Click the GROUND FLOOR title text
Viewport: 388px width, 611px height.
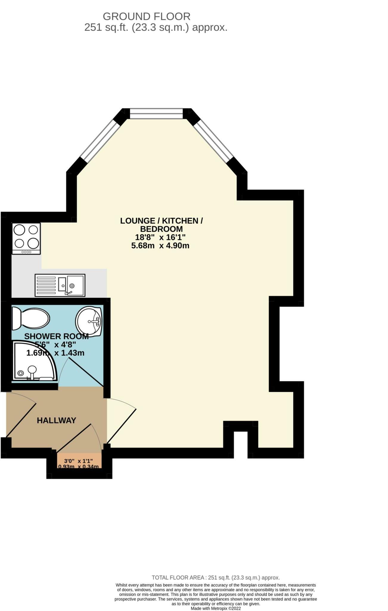point(146,16)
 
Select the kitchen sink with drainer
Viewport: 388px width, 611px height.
point(60,285)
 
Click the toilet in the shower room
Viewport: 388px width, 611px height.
point(30,319)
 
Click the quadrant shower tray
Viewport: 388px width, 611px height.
point(33,362)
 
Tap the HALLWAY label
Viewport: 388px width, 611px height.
point(56,420)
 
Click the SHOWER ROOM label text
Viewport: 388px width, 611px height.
point(56,336)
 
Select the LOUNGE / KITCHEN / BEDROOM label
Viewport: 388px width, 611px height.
point(161,225)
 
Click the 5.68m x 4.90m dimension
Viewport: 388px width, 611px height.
point(160,246)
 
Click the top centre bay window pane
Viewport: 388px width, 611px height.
point(156,113)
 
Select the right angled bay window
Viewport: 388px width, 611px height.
point(213,140)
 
